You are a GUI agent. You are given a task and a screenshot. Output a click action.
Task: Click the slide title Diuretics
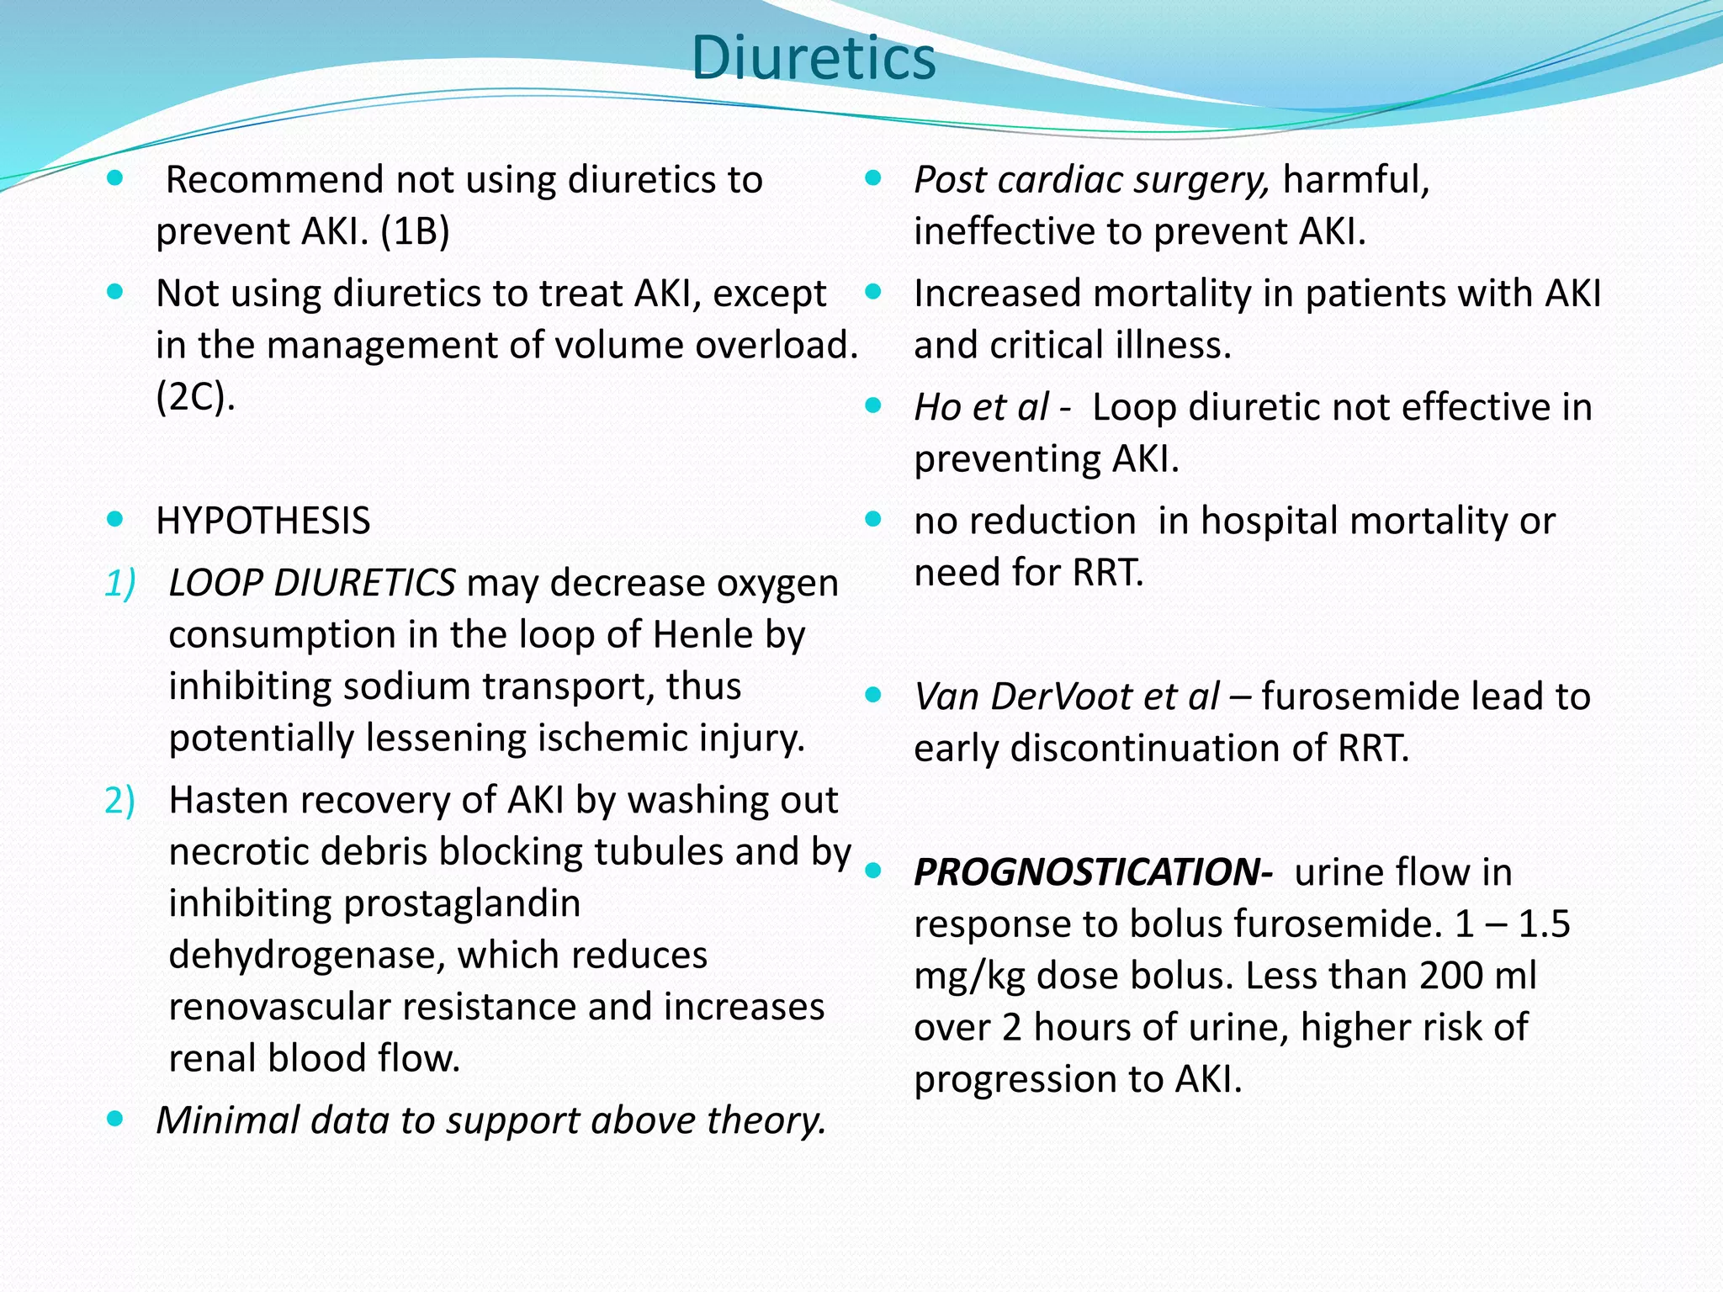pos(813,59)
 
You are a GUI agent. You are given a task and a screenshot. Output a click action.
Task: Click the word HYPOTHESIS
pos(262,522)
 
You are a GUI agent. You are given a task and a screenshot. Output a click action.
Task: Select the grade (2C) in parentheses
pos(195,397)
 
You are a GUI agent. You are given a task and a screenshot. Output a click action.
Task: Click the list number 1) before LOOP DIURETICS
pos(119,584)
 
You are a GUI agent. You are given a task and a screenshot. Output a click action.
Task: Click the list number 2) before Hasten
pos(119,801)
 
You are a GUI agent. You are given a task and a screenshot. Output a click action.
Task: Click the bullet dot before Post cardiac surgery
pos(873,178)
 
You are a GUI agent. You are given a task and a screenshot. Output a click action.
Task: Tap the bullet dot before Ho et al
pos(873,406)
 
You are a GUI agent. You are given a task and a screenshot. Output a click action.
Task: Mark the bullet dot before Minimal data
pos(115,1120)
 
